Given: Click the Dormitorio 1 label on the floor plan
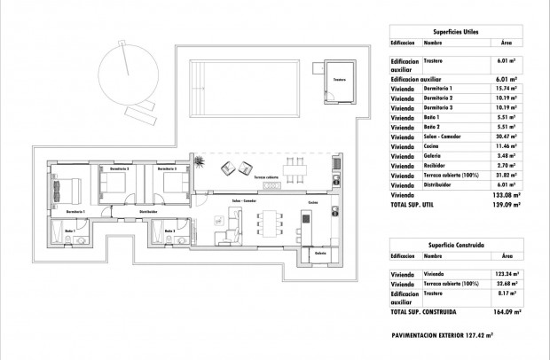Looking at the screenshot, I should click(x=75, y=212).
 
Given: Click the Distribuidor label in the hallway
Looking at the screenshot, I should click(x=148, y=212).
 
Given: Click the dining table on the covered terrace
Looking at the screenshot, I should click(x=300, y=169).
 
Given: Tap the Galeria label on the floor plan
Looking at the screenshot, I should click(x=318, y=253).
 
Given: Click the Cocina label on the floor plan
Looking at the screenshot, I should click(x=313, y=202).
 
